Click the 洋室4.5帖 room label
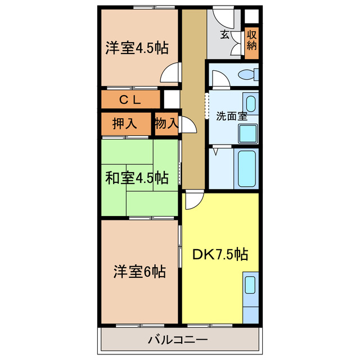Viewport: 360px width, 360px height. click(137, 48)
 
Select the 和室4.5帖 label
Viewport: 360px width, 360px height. click(136, 178)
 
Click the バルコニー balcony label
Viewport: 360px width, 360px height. click(178, 340)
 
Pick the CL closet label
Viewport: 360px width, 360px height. click(129, 100)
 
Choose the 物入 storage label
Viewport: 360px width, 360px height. click(166, 123)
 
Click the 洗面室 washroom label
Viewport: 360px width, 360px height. click(232, 116)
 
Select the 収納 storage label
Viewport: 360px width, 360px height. click(251, 40)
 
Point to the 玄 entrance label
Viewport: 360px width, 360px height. click(224, 35)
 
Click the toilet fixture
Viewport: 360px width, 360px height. click(247, 74)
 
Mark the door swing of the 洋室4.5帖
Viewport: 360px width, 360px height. click(170, 74)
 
